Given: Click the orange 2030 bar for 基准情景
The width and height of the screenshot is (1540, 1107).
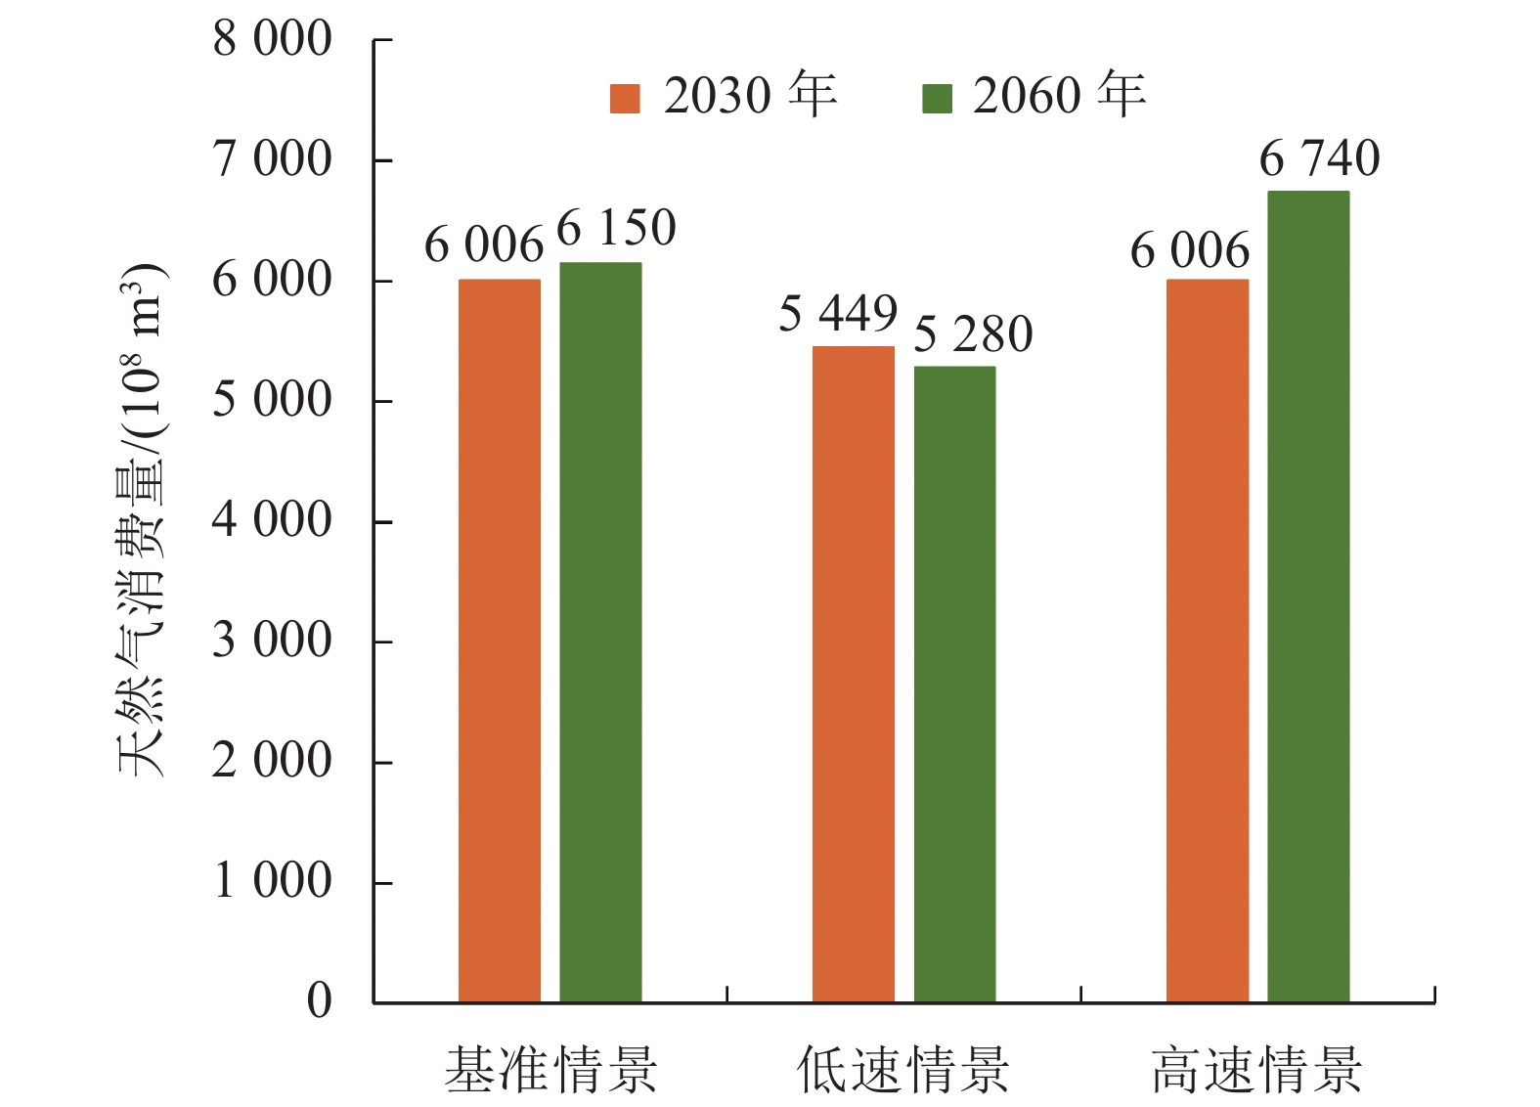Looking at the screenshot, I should (499, 641).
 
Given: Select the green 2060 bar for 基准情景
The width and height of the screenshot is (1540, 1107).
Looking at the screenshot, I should (600, 632).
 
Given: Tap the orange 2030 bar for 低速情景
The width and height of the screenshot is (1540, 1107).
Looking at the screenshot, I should (853, 674).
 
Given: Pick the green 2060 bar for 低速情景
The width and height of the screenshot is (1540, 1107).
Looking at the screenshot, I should (954, 684).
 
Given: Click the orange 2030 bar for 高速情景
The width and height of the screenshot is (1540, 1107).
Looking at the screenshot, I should (1207, 641).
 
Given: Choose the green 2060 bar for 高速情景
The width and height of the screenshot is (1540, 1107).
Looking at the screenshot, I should (1308, 597).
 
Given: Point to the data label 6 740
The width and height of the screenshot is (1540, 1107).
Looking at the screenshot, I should (1319, 158).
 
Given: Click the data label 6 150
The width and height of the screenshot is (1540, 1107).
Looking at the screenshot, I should (616, 229).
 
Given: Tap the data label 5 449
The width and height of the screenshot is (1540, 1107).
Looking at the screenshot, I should (838, 315).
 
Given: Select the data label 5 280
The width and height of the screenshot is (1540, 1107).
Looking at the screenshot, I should (973, 335).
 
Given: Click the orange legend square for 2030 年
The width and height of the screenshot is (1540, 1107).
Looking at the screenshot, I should (625, 99).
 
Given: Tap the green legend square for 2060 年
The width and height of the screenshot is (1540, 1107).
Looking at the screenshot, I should (937, 99).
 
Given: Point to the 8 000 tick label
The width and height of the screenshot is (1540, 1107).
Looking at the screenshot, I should (273, 40).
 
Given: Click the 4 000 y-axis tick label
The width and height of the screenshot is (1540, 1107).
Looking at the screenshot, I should (273, 520).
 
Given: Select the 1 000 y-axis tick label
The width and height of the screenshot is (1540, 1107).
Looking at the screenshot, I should (273, 881).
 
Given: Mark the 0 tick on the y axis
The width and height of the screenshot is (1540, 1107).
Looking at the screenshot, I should (320, 1001).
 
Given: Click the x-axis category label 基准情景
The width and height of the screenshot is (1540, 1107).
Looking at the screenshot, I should (550, 1070).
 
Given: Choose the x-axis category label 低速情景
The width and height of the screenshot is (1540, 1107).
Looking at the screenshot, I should (902, 1070).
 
